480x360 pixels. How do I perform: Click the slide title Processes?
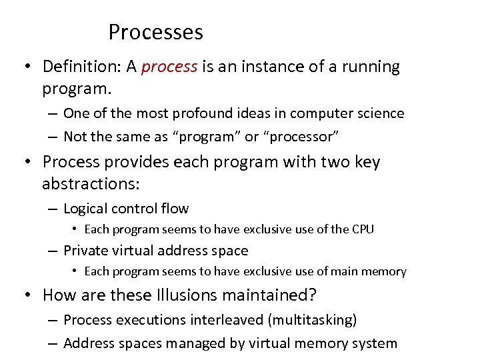click(155, 32)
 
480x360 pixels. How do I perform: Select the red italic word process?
click(169, 67)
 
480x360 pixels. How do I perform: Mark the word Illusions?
click(187, 294)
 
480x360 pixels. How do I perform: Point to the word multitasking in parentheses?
click(312, 320)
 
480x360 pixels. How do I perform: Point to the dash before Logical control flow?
click(52, 209)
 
